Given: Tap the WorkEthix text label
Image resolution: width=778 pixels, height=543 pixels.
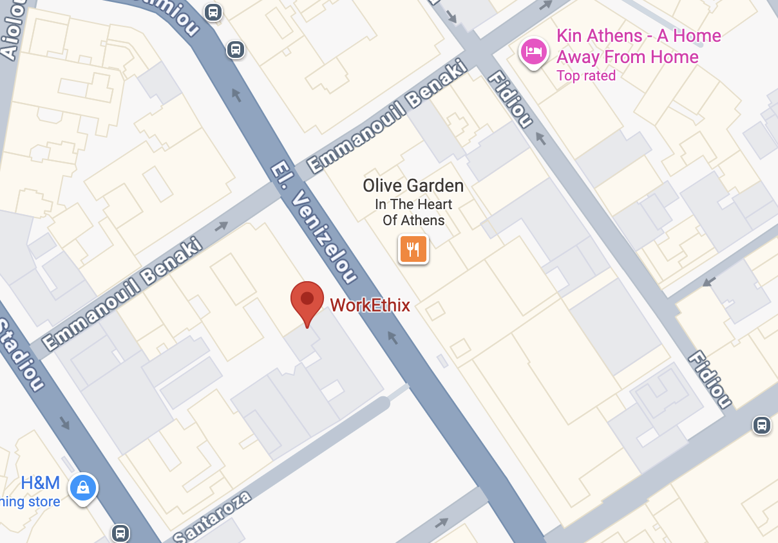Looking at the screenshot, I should [370, 305].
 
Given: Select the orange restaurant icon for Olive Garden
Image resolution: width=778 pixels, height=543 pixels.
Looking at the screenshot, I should [413, 249].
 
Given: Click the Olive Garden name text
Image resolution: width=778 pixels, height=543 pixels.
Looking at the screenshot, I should [413, 186].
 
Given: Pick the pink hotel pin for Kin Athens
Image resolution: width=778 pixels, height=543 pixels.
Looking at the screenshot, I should [534, 50].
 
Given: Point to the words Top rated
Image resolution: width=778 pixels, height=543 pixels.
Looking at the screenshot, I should [586, 76].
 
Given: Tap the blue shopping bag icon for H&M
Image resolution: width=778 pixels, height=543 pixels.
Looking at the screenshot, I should [83, 488].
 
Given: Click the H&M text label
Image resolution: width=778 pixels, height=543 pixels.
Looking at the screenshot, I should [40, 483].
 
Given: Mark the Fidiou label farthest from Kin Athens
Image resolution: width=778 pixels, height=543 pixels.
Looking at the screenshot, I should [710, 380].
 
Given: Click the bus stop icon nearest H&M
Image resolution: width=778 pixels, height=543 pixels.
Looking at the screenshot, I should [120, 533].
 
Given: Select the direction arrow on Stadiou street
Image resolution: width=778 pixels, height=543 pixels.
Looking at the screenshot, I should [65, 423].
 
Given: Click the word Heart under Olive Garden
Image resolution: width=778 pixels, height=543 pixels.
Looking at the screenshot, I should [433, 205].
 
